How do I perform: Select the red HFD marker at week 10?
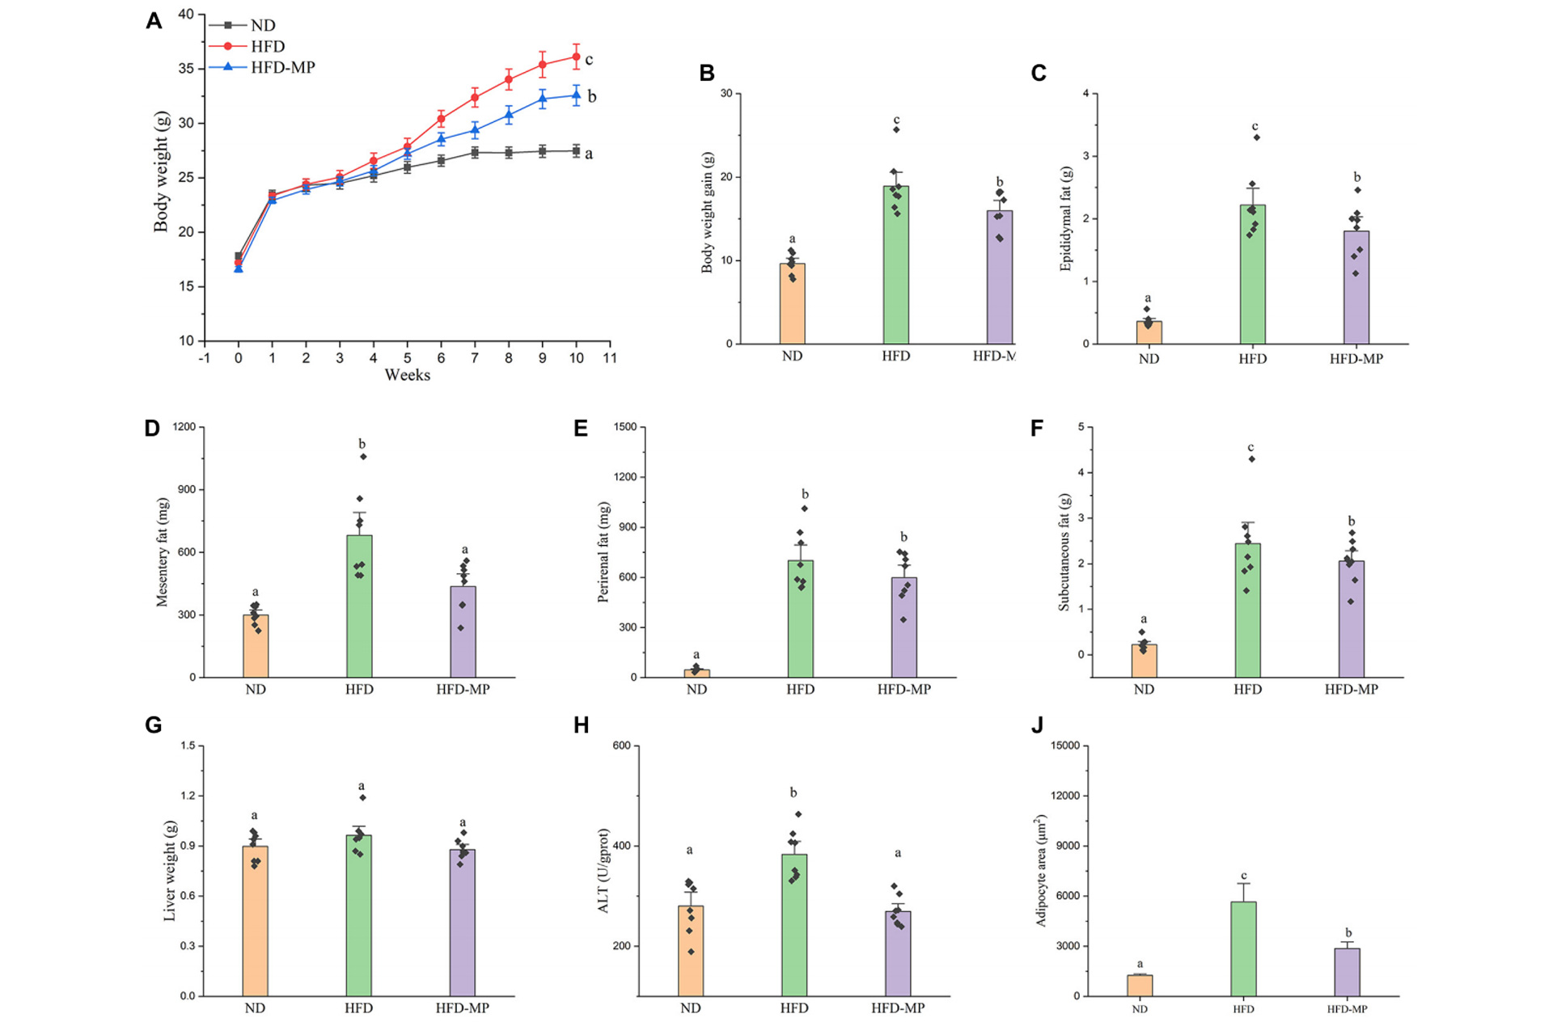576,57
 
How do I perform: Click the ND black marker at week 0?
239,256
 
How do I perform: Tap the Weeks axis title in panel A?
407,375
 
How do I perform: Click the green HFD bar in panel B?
895,267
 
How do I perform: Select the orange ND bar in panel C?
1149,332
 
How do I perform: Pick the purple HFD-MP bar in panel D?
463,632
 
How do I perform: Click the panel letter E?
581,429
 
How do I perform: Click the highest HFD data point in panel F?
1251,459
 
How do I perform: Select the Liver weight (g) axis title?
170,870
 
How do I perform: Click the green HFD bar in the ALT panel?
793,925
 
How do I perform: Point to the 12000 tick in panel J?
1064,796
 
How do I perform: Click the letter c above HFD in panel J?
1244,876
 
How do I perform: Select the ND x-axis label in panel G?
255,1008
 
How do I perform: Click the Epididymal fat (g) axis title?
1066,218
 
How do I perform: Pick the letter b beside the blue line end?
592,97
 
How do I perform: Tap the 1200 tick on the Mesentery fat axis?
184,427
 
